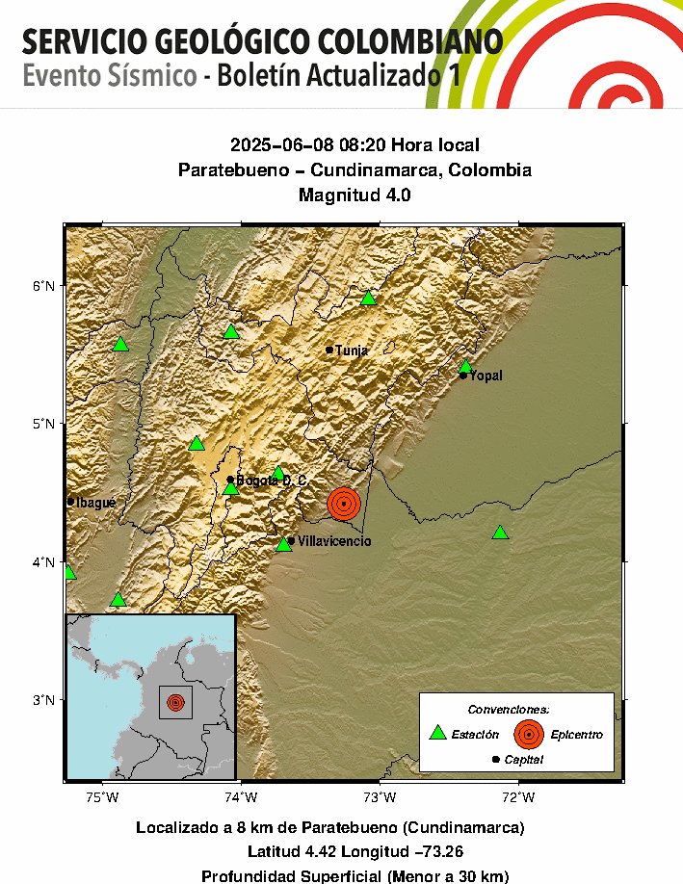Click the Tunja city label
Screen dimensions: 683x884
(352, 351)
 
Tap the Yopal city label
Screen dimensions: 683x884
(486, 376)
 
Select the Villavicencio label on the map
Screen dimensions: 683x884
(334, 542)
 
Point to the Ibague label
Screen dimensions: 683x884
(96, 503)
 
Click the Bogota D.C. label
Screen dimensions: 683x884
(271, 481)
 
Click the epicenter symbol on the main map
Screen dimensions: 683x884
(344, 503)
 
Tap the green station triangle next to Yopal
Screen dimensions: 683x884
(465, 366)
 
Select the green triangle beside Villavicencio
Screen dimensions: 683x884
(284, 544)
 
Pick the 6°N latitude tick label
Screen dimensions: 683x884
(45, 285)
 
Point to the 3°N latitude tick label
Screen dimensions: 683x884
(45, 699)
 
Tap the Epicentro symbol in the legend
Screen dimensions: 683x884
(528, 734)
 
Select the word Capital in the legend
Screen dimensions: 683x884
(523, 761)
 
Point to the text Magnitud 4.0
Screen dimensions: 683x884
(355, 195)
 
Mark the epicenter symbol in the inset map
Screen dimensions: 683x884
(174, 703)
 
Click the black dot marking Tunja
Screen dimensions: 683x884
(329, 350)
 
